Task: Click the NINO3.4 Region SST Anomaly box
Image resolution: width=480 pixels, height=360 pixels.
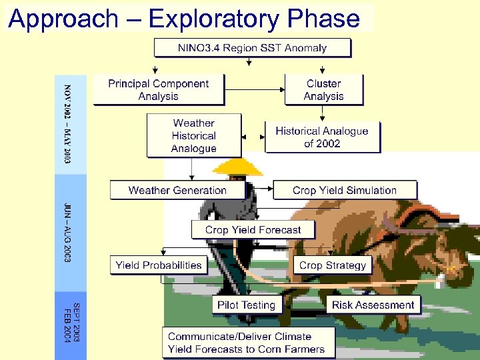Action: [252, 47]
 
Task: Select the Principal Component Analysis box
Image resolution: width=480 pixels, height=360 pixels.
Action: [158, 90]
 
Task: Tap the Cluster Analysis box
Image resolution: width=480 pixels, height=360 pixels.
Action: [323, 90]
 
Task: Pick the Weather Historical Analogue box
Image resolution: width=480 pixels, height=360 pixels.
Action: [193, 135]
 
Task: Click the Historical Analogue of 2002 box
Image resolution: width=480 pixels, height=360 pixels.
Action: [322, 137]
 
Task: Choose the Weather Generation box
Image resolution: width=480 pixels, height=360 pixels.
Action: [177, 190]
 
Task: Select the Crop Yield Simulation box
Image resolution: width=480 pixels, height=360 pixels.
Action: [344, 190]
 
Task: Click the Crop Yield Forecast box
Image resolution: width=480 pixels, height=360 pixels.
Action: [253, 229]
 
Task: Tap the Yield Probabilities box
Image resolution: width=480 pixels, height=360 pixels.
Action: [158, 265]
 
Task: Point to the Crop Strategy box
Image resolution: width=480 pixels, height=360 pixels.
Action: [333, 265]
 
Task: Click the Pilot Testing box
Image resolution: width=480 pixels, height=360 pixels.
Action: [246, 305]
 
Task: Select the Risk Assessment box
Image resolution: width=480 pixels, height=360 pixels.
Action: [373, 305]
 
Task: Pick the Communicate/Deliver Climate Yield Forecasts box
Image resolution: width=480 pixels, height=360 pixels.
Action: [246, 343]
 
